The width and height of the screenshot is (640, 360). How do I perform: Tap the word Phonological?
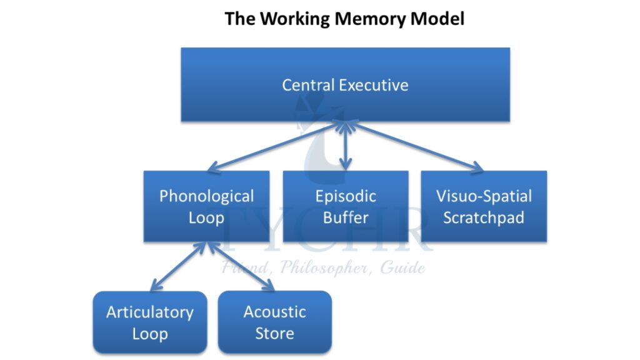[x=206, y=196]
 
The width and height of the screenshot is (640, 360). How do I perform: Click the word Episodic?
[x=346, y=196]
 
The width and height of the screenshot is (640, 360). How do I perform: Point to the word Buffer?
[x=346, y=218]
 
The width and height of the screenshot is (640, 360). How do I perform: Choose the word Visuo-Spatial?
[x=484, y=196]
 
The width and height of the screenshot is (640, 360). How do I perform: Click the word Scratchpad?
[x=484, y=218]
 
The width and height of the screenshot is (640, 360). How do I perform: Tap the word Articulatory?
[x=150, y=312]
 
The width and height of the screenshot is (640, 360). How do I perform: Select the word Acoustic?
[x=275, y=312]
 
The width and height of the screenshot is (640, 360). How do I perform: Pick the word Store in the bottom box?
[x=275, y=333]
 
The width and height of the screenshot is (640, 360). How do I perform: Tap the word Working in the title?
[x=294, y=19]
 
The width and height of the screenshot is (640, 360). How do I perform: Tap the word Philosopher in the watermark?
[x=318, y=269]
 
